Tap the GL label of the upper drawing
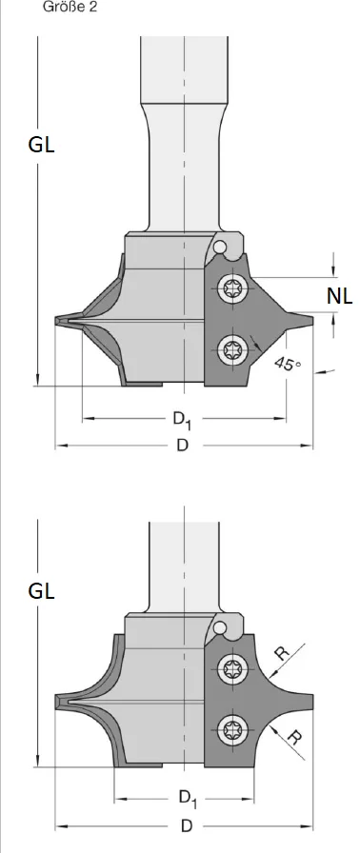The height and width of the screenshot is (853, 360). click(42, 146)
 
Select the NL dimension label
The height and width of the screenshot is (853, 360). click(339, 297)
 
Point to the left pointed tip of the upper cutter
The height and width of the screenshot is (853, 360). click(56, 321)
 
